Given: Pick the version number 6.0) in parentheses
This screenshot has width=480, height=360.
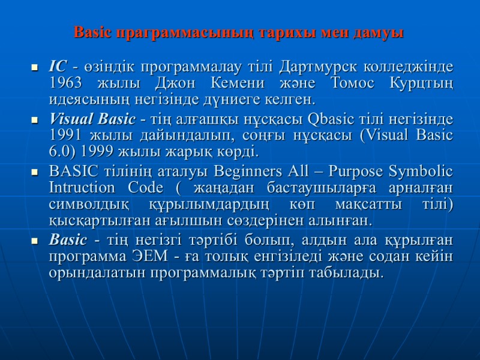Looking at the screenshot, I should coord(64,150).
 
